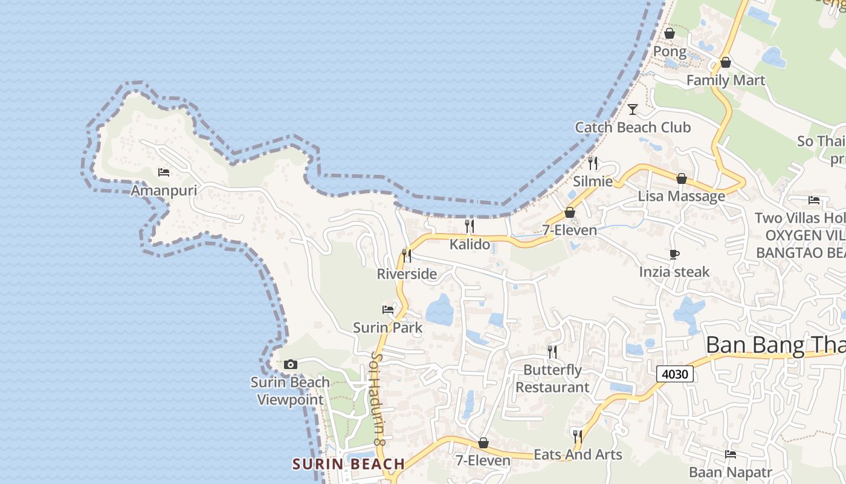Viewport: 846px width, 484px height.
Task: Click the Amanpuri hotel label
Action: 164,191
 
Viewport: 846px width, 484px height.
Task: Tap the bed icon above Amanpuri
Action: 164,172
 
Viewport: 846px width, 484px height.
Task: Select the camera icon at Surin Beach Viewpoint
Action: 291,364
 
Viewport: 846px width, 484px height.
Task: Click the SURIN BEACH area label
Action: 349,464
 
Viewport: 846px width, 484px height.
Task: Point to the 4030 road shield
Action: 674,374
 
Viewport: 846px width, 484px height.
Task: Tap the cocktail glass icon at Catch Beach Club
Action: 633,110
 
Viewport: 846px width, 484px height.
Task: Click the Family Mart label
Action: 725,80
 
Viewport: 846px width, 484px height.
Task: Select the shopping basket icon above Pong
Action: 670,33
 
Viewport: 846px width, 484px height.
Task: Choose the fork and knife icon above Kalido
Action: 469,226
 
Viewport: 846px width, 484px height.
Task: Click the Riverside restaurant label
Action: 407,274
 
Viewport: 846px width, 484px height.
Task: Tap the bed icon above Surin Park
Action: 388,310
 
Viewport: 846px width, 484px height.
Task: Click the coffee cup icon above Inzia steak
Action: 674,254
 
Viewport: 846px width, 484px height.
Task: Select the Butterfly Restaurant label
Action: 552,378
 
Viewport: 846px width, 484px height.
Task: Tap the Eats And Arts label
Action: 578,454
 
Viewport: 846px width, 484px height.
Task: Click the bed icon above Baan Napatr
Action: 731,454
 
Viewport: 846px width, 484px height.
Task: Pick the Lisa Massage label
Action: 681,196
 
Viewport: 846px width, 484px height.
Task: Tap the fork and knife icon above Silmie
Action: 593,163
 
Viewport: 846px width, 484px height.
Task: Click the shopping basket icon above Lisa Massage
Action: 682,178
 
